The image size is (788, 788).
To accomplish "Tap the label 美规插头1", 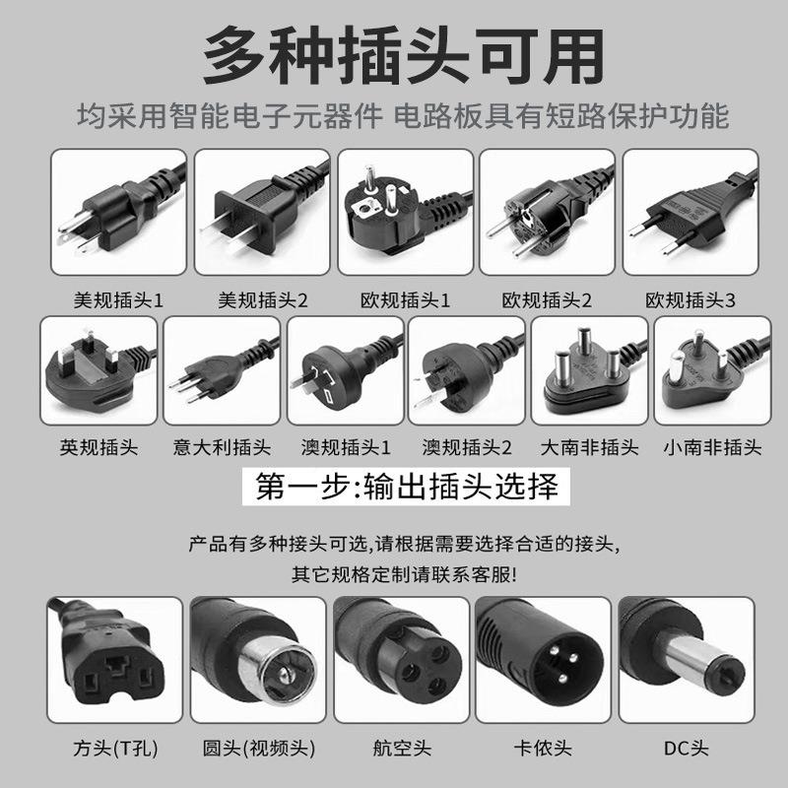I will [119, 299].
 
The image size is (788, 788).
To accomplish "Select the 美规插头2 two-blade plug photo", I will [263, 211].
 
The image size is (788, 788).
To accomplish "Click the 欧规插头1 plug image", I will [405, 211].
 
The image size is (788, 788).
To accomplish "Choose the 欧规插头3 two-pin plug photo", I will [690, 211].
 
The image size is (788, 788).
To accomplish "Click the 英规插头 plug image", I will [98, 370].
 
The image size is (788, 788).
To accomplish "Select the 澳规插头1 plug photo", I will [345, 370].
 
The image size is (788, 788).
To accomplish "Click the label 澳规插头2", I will [467, 448].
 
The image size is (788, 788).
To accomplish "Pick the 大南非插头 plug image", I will [589, 370].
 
